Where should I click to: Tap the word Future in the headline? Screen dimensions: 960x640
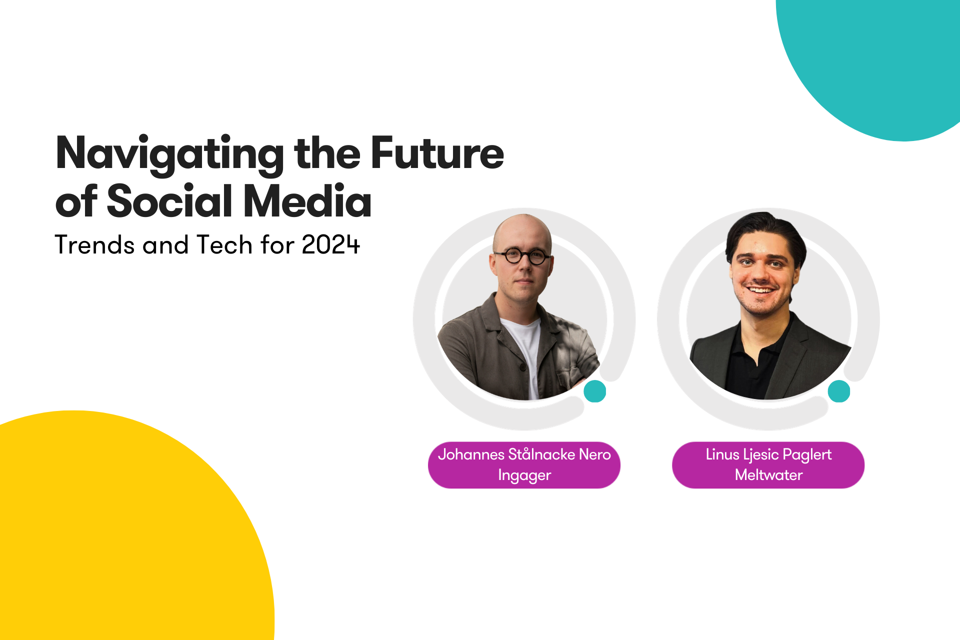tap(437, 152)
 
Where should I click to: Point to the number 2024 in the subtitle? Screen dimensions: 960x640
tap(330, 245)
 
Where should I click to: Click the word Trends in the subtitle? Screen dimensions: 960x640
tap(94, 245)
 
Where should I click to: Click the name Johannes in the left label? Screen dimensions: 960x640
tap(471, 454)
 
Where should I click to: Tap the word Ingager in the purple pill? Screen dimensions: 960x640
tap(524, 475)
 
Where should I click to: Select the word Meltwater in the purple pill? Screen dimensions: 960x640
tap(768, 474)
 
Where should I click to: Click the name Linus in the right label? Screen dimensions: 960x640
tap(722, 454)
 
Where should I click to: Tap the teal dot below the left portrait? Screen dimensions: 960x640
tap(595, 391)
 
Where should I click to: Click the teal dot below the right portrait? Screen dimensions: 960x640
tap(839, 391)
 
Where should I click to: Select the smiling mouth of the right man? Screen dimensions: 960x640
tap(760, 289)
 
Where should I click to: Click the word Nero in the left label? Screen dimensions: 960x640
tap(595, 454)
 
